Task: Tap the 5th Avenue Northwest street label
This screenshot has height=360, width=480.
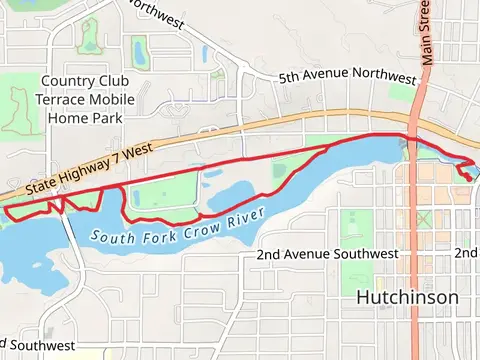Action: (x=347, y=78)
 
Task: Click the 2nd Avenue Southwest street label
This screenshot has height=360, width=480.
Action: (x=327, y=255)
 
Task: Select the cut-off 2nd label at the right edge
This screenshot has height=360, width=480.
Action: (x=467, y=252)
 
